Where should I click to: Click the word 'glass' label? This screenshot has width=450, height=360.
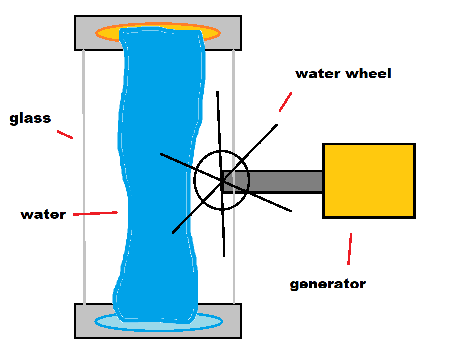coord(30,119)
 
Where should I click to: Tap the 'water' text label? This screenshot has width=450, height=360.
coord(43,215)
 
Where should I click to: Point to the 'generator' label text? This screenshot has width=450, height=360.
coord(327,285)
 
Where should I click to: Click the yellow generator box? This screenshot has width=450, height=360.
coord(369,181)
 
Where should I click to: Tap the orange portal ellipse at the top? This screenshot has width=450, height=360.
coord(107,33)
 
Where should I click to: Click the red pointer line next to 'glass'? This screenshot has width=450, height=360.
coord(65,134)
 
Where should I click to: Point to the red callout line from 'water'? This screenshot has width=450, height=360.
coord(95,213)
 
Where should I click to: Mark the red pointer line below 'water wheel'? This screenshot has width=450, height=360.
coord(285,101)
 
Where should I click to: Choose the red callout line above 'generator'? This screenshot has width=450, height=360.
coord(350,248)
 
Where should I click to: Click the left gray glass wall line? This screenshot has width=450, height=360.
coord(84,174)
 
